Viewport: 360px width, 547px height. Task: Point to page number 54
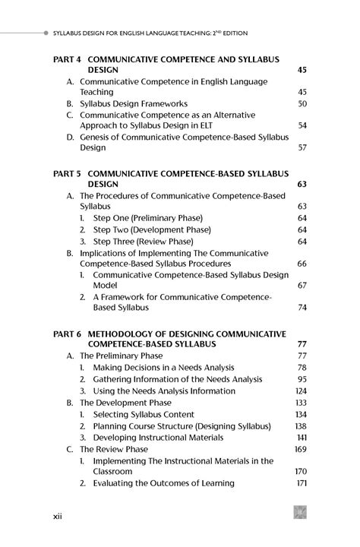coord(302,125)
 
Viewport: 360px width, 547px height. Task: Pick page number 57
coord(302,147)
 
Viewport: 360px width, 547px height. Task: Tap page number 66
coord(302,264)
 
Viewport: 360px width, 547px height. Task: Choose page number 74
coord(302,308)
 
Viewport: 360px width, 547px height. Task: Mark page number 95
coord(302,379)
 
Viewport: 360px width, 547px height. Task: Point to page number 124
coord(301,391)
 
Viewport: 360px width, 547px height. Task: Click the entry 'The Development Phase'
coord(125,403)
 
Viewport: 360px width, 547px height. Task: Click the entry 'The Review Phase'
coord(114,449)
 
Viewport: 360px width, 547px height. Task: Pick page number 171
coord(301,483)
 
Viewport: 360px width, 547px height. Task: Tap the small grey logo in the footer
coord(300,514)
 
